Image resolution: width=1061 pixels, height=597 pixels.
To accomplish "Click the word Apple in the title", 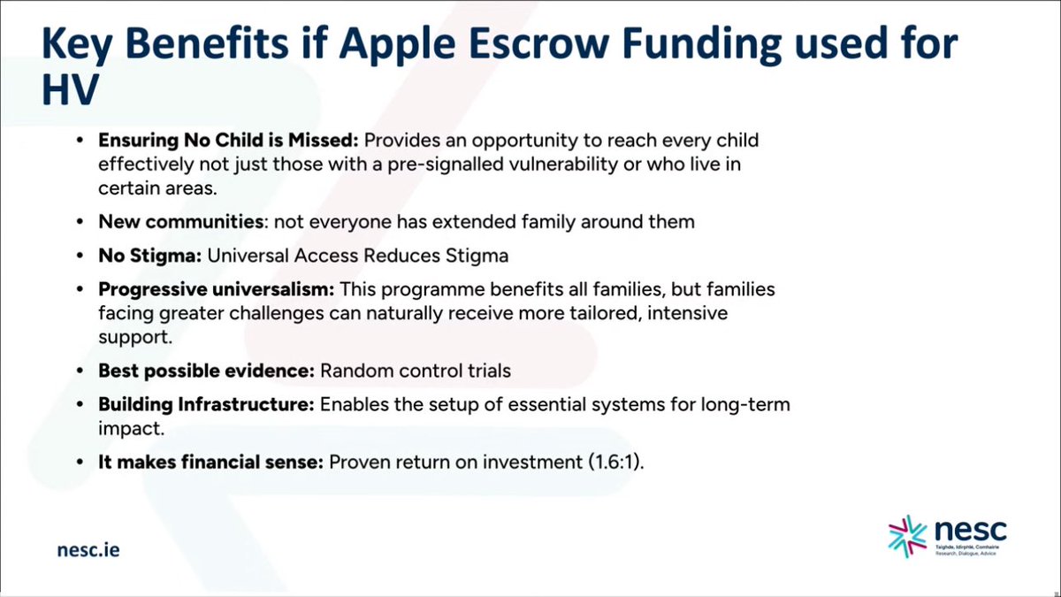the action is click(397, 44).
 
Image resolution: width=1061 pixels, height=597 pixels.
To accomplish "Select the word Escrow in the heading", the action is click(538, 43).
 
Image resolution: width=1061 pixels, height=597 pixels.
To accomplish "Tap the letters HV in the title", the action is click(70, 89).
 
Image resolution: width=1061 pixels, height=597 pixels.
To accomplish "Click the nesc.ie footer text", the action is click(88, 550).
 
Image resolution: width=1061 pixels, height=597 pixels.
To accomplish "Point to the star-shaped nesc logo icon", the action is click(907, 536).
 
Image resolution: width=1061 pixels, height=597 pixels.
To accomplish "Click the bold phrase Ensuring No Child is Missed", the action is click(228, 141).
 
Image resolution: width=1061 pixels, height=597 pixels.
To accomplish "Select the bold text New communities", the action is click(181, 222).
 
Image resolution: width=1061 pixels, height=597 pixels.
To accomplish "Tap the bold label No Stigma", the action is click(150, 256).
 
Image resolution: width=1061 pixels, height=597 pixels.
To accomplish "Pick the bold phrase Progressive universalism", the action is click(217, 289).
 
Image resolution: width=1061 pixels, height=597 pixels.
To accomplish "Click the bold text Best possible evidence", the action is click(207, 371).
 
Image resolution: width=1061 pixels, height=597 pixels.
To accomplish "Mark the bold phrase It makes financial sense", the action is click(210, 462).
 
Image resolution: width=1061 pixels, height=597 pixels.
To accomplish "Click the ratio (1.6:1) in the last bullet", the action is click(616, 463).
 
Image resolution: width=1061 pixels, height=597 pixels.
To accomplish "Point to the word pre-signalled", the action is click(446, 165).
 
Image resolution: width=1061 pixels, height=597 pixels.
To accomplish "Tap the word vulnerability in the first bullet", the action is click(563, 165).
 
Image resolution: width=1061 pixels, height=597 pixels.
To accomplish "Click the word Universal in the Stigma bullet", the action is click(248, 256).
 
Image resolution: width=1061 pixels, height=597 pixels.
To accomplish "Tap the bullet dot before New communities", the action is click(80, 222).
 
